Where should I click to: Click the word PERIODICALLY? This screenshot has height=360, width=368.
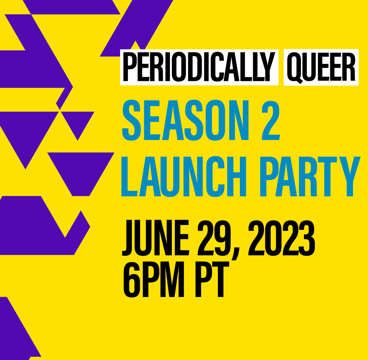(199, 67)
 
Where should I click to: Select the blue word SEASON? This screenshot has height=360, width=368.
(185, 120)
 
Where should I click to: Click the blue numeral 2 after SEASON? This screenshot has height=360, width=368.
(271, 120)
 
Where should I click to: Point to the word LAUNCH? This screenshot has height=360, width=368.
(183, 176)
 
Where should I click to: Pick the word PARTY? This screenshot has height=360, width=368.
(310, 176)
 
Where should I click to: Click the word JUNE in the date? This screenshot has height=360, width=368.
(155, 238)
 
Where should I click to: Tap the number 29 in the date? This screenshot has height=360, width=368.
(214, 238)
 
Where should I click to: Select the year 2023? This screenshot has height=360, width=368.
(282, 238)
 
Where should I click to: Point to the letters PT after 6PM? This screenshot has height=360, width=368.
(212, 279)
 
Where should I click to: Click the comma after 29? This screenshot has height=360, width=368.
(236, 254)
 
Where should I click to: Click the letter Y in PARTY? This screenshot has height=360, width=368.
(350, 176)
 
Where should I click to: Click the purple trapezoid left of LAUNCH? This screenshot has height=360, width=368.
(81, 174)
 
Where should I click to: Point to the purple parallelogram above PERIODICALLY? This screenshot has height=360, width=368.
(136, 28)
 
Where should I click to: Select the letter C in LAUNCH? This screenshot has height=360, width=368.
(215, 176)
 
